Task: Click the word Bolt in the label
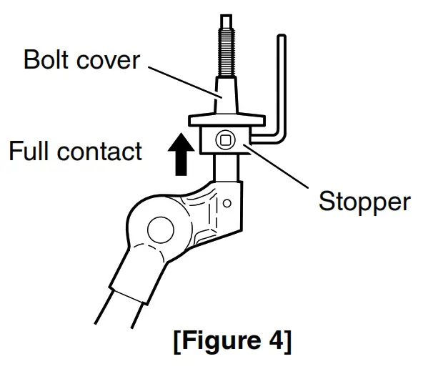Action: click(44, 59)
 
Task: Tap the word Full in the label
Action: click(30, 151)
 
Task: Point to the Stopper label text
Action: click(364, 202)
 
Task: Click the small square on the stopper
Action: click(225, 139)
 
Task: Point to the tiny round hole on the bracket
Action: click(227, 203)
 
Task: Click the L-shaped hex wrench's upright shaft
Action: click(282, 79)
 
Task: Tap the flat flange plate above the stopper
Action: click(226, 118)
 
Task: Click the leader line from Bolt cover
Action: click(181, 79)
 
